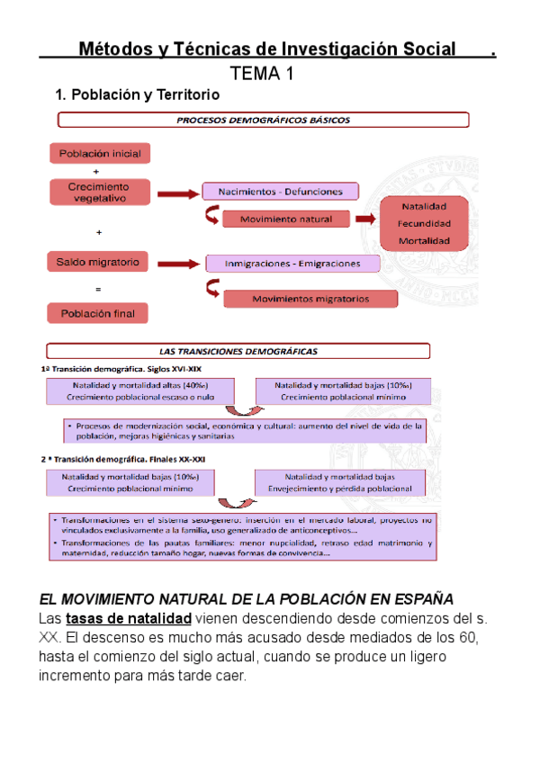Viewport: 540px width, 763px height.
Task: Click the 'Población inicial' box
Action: tap(100, 154)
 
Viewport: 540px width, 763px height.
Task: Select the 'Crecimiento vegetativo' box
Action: tap(99, 192)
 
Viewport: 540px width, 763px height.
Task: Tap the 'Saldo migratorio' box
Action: tap(99, 262)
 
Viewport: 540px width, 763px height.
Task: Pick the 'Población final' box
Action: tap(99, 313)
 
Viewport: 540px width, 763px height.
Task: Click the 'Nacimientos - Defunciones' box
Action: tap(280, 191)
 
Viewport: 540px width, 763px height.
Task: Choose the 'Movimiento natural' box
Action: tap(286, 219)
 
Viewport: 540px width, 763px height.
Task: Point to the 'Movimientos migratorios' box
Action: tap(310, 298)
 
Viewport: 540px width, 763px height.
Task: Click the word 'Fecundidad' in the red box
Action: tap(425, 224)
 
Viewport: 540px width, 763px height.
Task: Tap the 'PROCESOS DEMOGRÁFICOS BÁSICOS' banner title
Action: tap(263, 119)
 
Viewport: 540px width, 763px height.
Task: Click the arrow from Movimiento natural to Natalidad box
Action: tap(364, 219)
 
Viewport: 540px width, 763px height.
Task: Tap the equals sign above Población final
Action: tap(97, 289)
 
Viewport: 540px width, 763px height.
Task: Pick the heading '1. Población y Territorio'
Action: tap(137, 94)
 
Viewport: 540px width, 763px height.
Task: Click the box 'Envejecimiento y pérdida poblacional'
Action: tap(339, 483)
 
